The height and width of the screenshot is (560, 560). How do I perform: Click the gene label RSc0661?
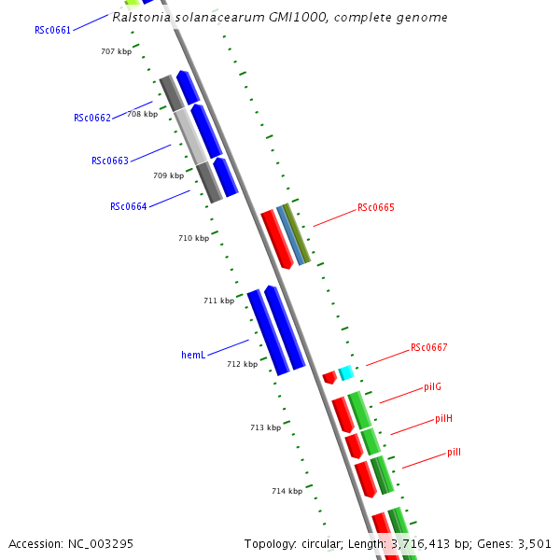point(53,30)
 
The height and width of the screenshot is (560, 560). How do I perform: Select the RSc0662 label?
point(92,118)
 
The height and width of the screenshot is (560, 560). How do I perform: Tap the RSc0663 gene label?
point(110,161)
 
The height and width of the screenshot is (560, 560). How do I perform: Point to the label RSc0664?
point(129,206)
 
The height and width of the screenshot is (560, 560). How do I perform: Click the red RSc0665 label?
point(376,207)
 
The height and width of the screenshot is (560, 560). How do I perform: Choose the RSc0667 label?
point(429,348)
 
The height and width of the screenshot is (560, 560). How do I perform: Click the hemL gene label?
point(193,355)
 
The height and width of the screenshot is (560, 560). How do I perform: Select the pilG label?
point(432,386)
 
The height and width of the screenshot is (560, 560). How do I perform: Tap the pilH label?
point(443,419)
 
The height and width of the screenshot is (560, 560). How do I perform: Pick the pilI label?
point(454,452)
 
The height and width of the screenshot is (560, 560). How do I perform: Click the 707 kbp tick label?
point(117,51)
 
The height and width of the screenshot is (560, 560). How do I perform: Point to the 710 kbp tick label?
point(193,238)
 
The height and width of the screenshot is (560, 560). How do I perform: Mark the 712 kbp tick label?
point(242,364)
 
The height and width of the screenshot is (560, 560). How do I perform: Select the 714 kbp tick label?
point(287,491)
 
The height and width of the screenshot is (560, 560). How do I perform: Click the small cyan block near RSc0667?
point(346,372)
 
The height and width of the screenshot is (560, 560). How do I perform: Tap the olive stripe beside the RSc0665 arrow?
point(297,231)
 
